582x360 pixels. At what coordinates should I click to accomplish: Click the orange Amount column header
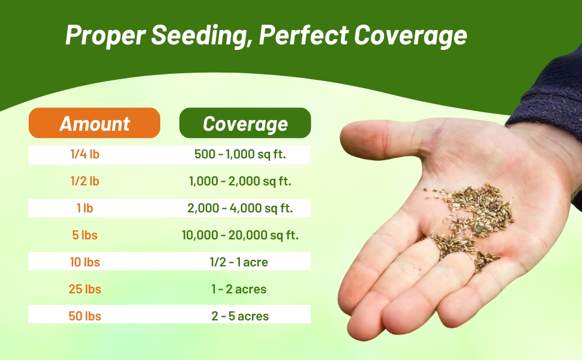pyautogui.click(x=94, y=124)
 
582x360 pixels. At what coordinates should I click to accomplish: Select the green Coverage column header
pyautogui.click(x=245, y=124)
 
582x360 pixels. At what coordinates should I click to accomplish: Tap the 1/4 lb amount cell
pyautogui.click(x=85, y=155)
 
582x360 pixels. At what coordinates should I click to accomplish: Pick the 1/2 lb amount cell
pyautogui.click(x=85, y=181)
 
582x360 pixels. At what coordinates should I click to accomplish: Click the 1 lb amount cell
pyautogui.click(x=85, y=208)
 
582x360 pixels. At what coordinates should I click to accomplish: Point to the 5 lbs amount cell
pyautogui.click(x=85, y=235)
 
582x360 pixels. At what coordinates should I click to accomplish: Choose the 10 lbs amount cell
pyautogui.click(x=85, y=262)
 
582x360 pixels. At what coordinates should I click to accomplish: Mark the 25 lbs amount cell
pyautogui.click(x=85, y=289)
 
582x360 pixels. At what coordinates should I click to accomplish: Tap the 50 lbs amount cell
pyautogui.click(x=85, y=316)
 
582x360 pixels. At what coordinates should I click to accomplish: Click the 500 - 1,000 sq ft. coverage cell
pyautogui.click(x=240, y=155)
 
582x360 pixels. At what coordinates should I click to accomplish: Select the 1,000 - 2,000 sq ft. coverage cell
pyautogui.click(x=240, y=181)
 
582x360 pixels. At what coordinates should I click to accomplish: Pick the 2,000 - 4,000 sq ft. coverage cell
pyautogui.click(x=240, y=208)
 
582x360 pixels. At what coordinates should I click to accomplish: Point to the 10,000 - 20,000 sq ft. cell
pyautogui.click(x=240, y=235)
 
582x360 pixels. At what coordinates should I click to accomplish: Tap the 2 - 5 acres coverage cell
pyautogui.click(x=240, y=316)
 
